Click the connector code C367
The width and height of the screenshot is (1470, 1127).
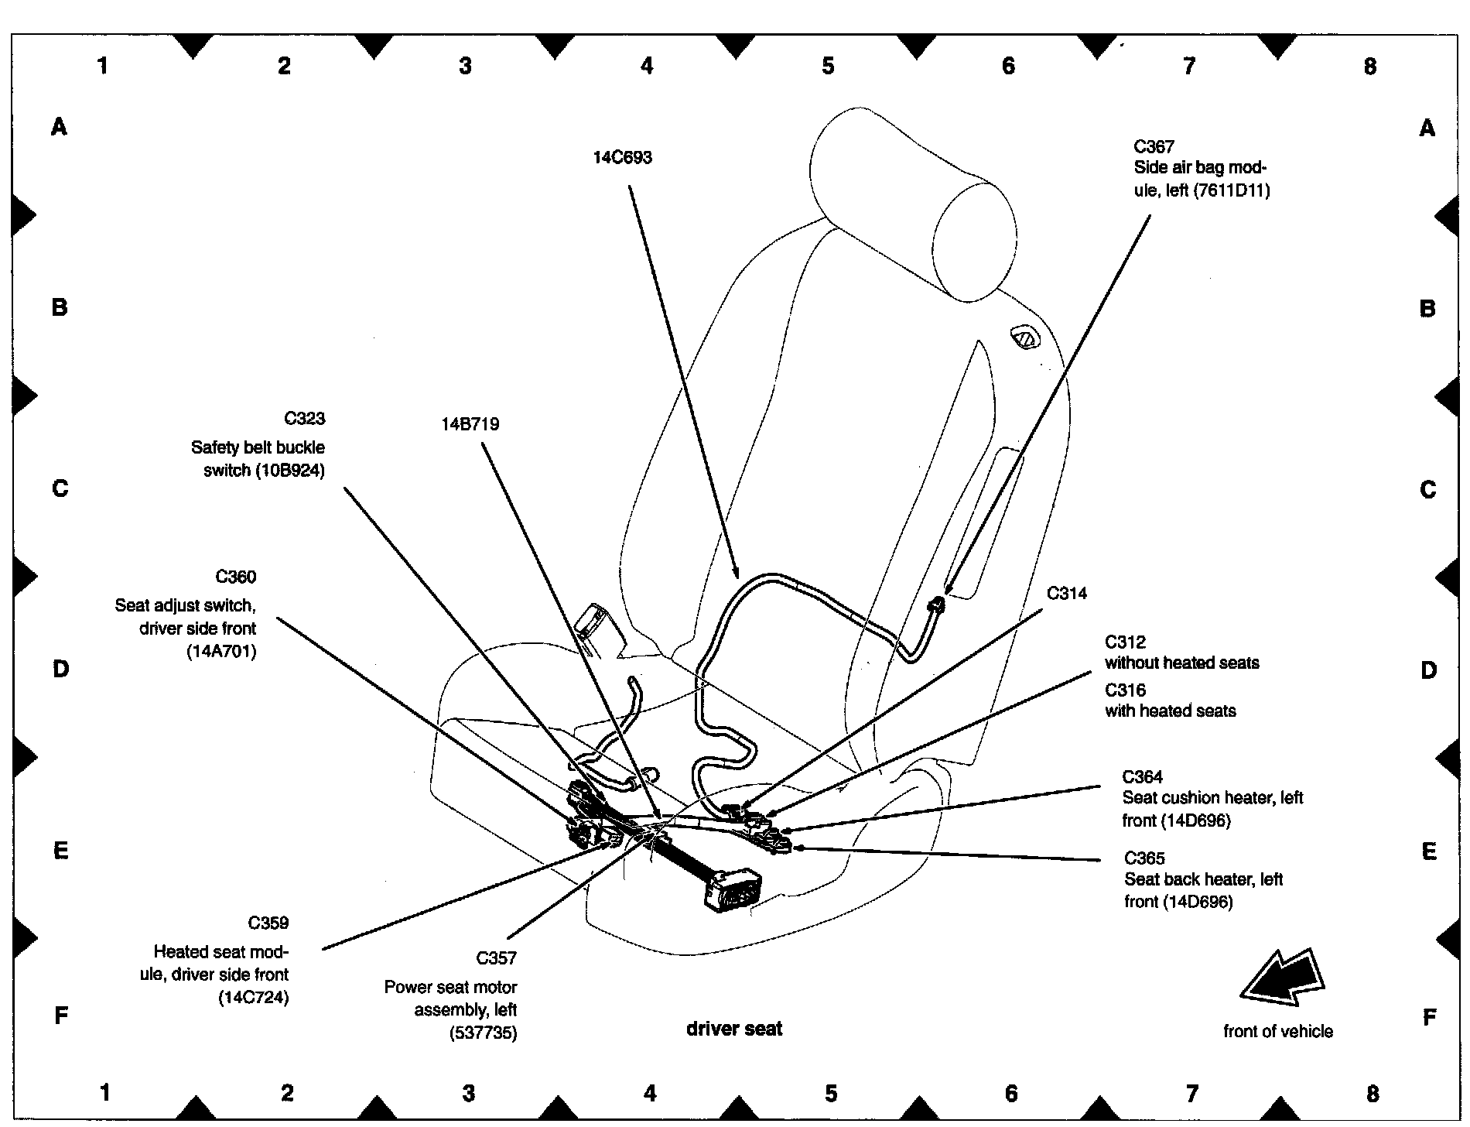coord(1154,147)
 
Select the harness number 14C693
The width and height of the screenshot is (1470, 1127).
coord(622,158)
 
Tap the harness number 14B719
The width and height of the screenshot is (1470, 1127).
coord(470,424)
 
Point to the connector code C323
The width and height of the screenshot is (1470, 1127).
coord(304,419)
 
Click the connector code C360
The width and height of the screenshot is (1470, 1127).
coord(235,577)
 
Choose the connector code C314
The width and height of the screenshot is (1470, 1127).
coord(1066,594)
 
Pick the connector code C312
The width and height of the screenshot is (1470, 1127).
coord(1125,642)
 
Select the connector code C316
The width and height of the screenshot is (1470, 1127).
coord(1125,690)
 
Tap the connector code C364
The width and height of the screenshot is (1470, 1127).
coord(1142,776)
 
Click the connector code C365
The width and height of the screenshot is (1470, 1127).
coord(1144,858)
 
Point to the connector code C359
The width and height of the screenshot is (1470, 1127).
coord(268,923)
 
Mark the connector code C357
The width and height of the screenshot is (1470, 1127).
coord(496,958)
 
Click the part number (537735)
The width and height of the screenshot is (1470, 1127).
coord(483,1033)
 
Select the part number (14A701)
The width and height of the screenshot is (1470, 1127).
coord(221,652)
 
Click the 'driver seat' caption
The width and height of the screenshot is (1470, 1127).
coord(734,1029)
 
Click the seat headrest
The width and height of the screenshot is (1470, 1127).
coord(913,201)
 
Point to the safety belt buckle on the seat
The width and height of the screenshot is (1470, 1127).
coord(599,629)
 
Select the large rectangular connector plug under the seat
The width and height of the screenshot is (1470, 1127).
coord(731,888)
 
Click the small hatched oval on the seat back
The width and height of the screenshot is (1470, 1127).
coord(1024,337)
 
